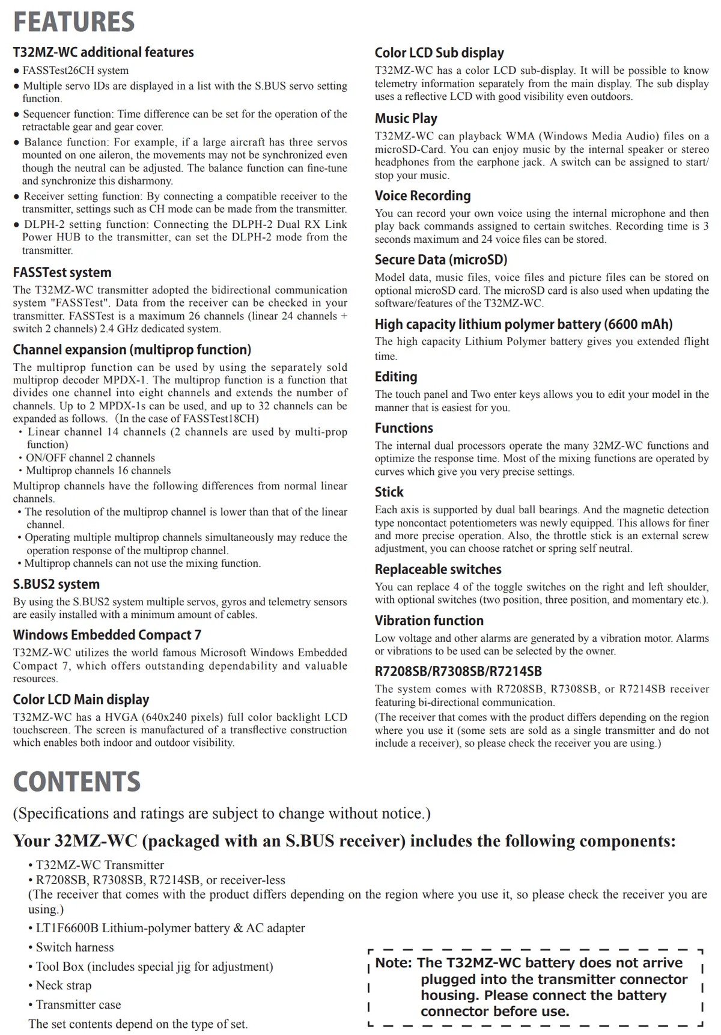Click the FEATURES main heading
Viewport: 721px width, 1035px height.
pyautogui.click(x=74, y=22)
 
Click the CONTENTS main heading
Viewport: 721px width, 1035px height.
pyautogui.click(x=77, y=781)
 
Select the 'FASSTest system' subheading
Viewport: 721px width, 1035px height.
pyautogui.click(x=62, y=272)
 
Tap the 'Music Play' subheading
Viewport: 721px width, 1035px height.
pyautogui.click(x=406, y=118)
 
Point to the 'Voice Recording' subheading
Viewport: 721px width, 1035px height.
pyautogui.click(x=422, y=196)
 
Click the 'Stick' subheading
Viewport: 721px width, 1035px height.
pyautogui.click(x=389, y=492)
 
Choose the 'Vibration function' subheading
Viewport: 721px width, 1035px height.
pyautogui.click(x=429, y=621)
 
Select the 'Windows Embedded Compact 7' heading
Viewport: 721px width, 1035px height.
pyautogui.click(x=107, y=635)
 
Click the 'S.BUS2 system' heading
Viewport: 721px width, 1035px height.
pyautogui.click(x=56, y=584)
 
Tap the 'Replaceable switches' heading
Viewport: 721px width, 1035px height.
pyautogui.click(x=438, y=569)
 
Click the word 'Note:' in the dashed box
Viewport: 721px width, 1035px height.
pyautogui.click(x=394, y=963)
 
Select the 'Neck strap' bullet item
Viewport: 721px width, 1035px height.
pyautogui.click(x=64, y=985)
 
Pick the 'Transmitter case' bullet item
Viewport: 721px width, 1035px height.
pyautogui.click(x=78, y=1004)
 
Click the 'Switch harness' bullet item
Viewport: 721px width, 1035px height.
pyautogui.click(x=75, y=947)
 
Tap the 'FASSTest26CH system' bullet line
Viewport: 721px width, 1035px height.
pyautogui.click(x=76, y=70)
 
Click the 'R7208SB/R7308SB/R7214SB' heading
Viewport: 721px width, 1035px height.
pyautogui.click(x=458, y=671)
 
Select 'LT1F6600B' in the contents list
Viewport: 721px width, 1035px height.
pyautogui.click(x=67, y=928)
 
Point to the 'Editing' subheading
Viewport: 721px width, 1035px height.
pyautogui.click(x=395, y=377)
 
